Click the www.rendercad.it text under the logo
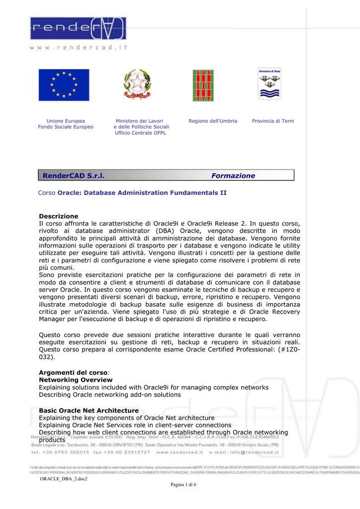tap(79, 47)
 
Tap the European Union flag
tap(64, 85)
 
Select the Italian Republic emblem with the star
tap(137, 85)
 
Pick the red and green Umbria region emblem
tap(203, 85)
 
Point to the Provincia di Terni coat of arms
tap(269, 84)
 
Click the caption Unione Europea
tap(66, 121)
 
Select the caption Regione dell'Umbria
tap(213, 121)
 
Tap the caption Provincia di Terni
tap(273, 121)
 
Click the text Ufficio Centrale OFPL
tap(141, 133)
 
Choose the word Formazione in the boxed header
tap(233, 175)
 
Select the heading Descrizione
tap(59, 216)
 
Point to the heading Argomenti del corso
tap(73, 372)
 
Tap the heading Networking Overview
tap(76, 380)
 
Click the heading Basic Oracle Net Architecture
tap(89, 411)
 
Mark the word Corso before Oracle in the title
tap(47, 192)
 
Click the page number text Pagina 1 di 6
tap(183, 485)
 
